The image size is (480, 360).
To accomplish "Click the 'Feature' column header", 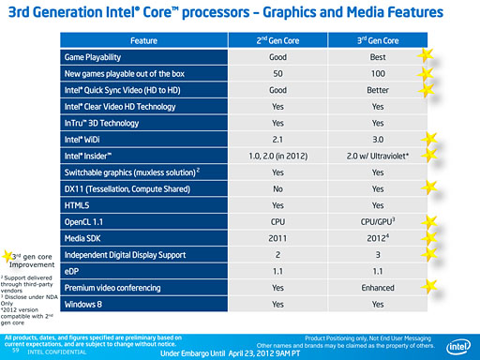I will tap(143, 41).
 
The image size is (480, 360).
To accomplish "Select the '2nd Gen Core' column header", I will tap(277, 41).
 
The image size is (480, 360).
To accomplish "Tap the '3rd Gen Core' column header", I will tap(378, 41).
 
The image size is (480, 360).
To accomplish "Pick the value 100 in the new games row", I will tap(378, 74).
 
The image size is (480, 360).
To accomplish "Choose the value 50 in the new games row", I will tap(277, 74).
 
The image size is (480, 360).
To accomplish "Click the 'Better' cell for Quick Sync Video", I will tap(378, 90).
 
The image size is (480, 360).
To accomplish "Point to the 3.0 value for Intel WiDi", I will tap(378, 140).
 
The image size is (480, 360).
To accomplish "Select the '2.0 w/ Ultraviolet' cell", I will tap(379, 156).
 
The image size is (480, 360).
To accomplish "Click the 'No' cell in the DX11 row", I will tap(277, 188).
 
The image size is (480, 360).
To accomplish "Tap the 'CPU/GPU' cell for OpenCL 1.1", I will tap(379, 221).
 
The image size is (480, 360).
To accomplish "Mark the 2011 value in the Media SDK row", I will tap(277, 238).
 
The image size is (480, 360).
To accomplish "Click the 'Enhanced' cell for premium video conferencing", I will tap(378, 288).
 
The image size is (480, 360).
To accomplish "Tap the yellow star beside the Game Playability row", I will tap(427, 56).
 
